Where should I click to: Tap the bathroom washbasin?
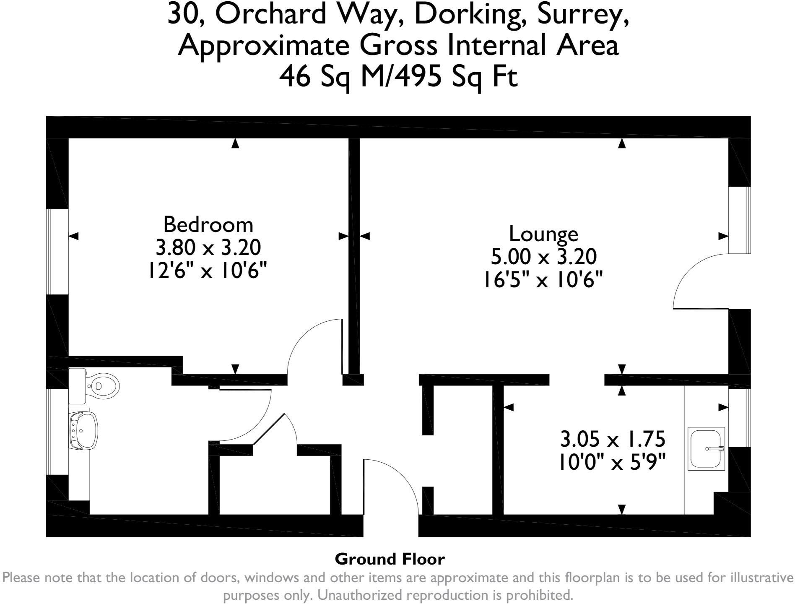[83, 430]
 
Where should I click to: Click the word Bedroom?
[208, 224]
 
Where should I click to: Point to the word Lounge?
[543, 234]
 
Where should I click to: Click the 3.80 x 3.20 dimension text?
[208, 247]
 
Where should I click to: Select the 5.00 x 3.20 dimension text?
[543, 257]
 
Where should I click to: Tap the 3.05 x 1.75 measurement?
[613, 440]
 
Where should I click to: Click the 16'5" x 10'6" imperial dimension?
[543, 279]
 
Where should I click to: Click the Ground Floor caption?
[390, 559]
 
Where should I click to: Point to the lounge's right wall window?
[739, 220]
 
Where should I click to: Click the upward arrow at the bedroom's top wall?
[235, 143]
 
